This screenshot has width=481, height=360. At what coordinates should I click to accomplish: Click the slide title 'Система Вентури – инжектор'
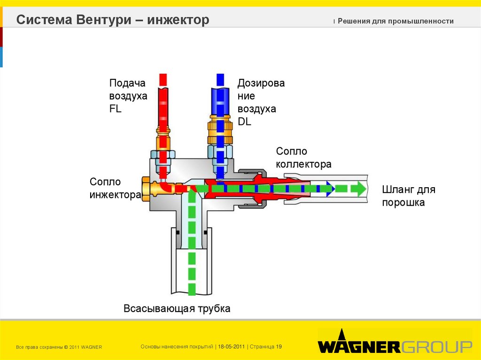[113, 21]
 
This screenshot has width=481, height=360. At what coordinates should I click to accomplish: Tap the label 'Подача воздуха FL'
[128, 96]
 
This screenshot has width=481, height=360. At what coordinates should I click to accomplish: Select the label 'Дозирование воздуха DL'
[261, 102]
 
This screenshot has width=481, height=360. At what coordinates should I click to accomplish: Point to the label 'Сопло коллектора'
[303, 158]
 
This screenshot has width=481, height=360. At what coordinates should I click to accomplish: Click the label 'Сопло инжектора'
[115, 188]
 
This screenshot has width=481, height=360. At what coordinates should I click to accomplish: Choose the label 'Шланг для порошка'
[408, 196]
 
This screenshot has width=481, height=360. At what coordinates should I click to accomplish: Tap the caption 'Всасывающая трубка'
[177, 309]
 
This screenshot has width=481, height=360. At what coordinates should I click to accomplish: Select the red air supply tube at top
[163, 103]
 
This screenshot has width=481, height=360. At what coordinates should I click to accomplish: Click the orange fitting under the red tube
[163, 139]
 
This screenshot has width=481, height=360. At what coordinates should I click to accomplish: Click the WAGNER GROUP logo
[395, 346]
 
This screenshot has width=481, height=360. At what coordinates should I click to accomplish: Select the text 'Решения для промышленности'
[396, 21]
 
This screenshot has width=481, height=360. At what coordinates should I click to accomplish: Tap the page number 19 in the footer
[279, 347]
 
